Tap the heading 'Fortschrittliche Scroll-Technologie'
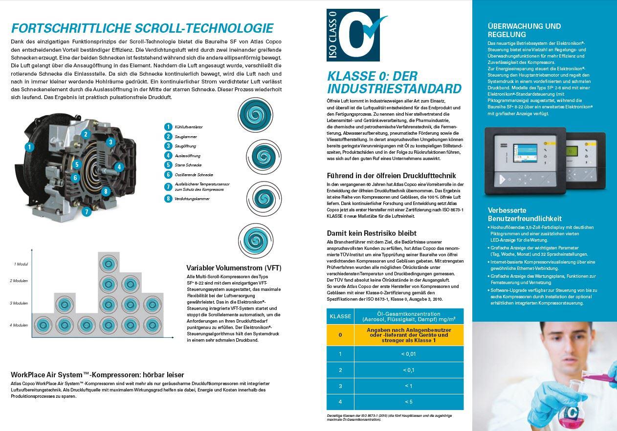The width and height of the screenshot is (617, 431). [142, 28]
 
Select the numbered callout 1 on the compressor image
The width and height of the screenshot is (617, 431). [30, 146]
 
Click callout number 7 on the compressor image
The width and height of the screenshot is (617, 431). [87, 212]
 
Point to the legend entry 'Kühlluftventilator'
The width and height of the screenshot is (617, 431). [188, 127]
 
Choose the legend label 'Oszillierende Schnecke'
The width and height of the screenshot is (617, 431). [194, 175]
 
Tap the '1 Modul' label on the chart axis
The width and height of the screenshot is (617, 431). [21, 264]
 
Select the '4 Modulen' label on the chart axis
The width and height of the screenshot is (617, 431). [19, 325]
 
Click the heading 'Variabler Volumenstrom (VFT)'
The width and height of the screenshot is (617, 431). [234, 268]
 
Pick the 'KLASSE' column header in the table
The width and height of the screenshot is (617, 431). [340, 316]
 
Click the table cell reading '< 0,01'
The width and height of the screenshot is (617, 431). [408, 354]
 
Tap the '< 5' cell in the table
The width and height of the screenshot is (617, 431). [408, 402]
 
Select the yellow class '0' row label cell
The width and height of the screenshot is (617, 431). [340, 335]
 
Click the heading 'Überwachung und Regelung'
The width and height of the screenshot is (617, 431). [524, 30]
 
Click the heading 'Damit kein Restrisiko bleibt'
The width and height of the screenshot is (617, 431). [372, 233]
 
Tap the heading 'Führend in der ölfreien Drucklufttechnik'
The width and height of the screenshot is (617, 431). [391, 176]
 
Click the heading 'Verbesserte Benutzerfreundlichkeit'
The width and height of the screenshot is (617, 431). [525, 214]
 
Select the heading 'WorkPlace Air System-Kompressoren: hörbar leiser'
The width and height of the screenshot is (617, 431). [97, 375]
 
